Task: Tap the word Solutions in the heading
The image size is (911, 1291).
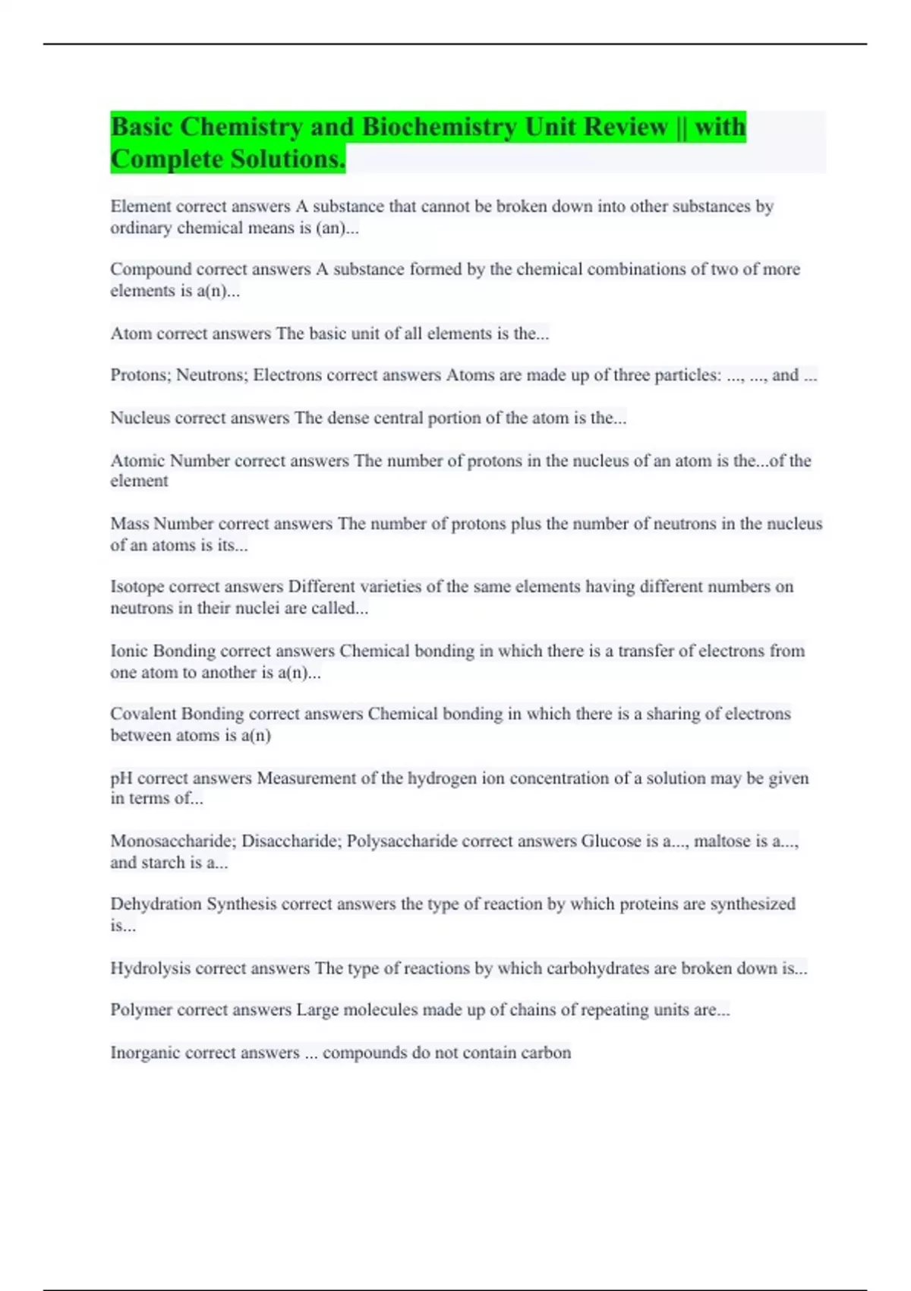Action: coord(288,159)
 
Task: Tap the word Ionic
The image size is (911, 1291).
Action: coord(129,651)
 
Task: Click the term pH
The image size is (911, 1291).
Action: coord(121,778)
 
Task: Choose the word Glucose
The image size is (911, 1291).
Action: coord(611,841)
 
